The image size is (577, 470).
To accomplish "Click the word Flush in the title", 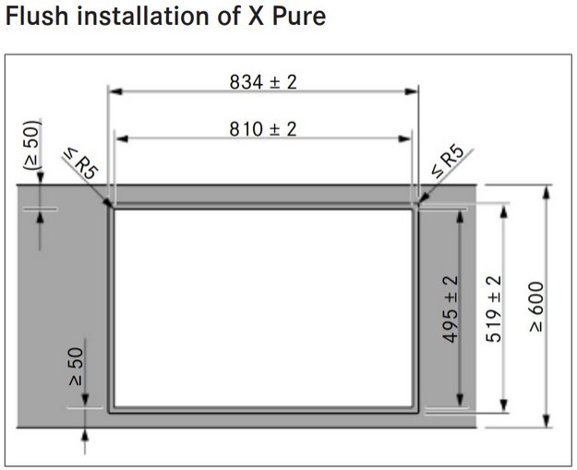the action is pyautogui.click(x=37, y=17).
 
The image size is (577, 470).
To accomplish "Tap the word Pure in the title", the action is pyautogui.click(x=299, y=17).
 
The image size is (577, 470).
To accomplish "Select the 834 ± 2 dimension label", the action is pyautogui.click(x=263, y=81).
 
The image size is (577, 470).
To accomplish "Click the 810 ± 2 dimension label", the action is pyautogui.click(x=263, y=129).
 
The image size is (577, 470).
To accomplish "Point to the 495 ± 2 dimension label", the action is pyautogui.click(x=450, y=308).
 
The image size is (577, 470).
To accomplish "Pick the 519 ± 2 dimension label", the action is pyautogui.click(x=494, y=308).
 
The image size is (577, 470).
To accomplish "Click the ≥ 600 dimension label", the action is pyautogui.click(x=536, y=307).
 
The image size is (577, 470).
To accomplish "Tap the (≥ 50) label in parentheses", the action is pyautogui.click(x=31, y=145).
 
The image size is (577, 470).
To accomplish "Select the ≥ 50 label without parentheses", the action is pyautogui.click(x=77, y=367).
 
